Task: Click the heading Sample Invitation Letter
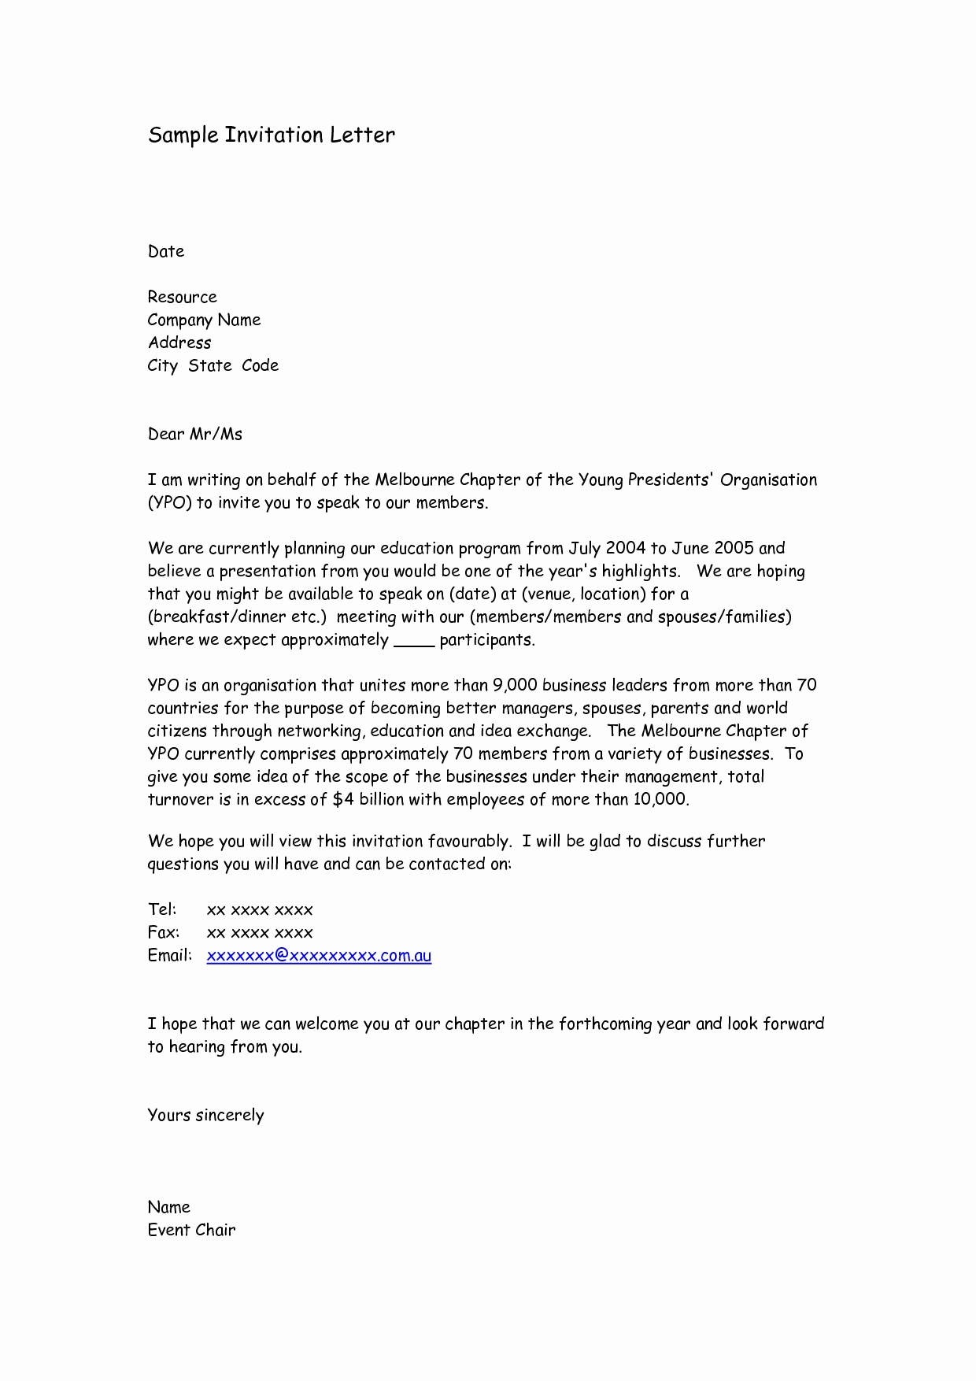pos(272,135)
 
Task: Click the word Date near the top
pos(166,252)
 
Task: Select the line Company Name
pos(204,320)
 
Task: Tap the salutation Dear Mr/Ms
pos(195,435)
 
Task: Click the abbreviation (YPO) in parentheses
pos(170,503)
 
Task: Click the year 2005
pos(734,549)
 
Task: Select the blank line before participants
pos(414,641)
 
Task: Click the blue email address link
pos(319,956)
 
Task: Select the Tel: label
pos(162,910)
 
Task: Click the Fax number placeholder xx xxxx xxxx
pos(260,933)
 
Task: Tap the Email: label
pos(170,956)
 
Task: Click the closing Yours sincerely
pos(205,1116)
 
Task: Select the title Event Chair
pos(191,1231)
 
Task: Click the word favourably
pos(469,842)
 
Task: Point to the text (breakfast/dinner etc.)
pos(237,617)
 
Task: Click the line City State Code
pos(213,366)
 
